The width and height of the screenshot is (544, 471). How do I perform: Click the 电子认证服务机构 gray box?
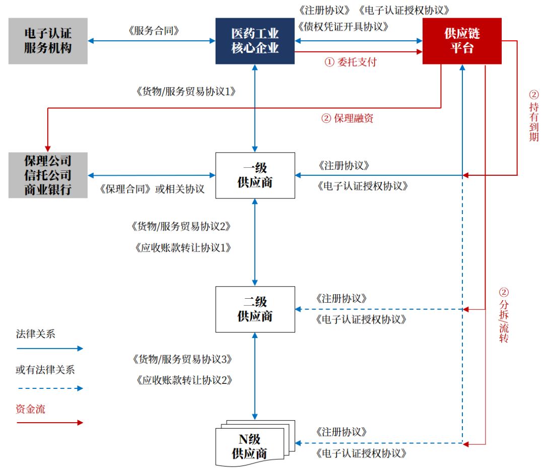48,41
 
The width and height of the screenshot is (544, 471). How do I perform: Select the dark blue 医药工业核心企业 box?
255,41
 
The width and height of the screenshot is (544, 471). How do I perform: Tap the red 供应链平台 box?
462,41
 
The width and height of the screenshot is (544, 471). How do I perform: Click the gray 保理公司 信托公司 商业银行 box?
48,175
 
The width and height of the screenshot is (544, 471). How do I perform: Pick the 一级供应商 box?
255,175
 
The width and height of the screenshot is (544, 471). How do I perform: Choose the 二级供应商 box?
255,309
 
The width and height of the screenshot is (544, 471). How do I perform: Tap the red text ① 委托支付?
350,62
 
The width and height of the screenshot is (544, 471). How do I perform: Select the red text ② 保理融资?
347,119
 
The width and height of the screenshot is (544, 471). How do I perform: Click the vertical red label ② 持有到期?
533,116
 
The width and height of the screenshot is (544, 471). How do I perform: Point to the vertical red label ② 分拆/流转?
503,315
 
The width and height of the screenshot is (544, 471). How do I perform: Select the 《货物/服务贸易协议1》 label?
186,92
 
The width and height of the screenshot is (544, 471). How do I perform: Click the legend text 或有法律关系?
45,370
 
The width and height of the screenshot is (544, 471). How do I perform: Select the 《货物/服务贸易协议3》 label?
182,359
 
